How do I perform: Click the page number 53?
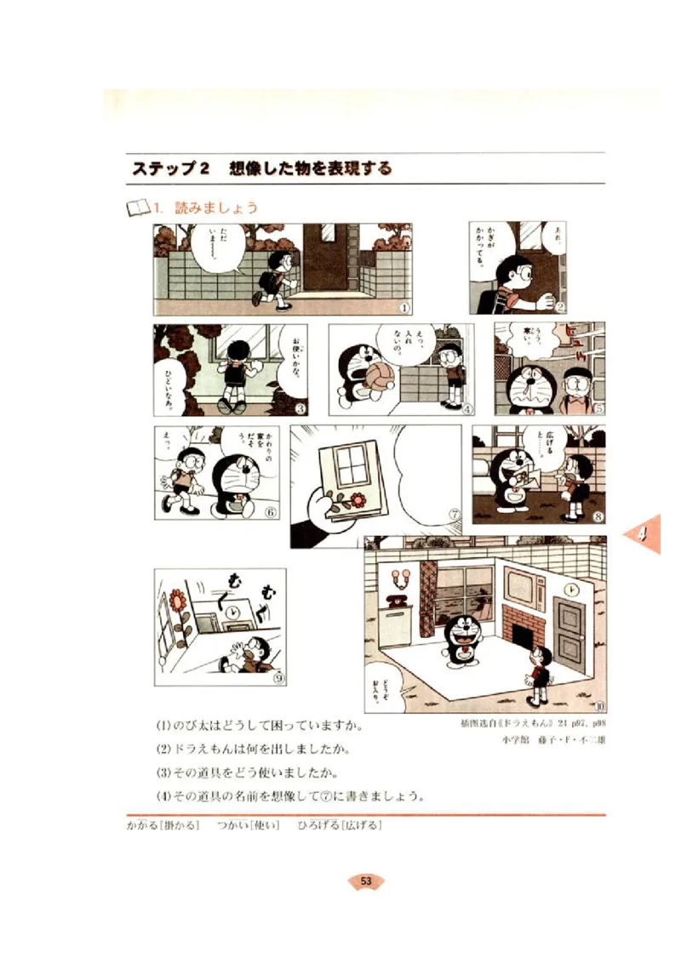point(366,881)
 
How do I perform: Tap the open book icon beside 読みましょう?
point(136,207)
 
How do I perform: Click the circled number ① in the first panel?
point(404,308)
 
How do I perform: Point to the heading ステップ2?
point(170,168)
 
